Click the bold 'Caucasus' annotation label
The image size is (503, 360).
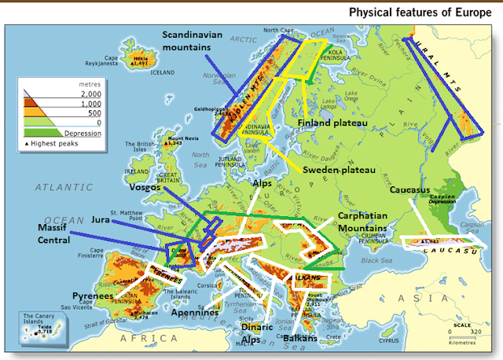point(411,189)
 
